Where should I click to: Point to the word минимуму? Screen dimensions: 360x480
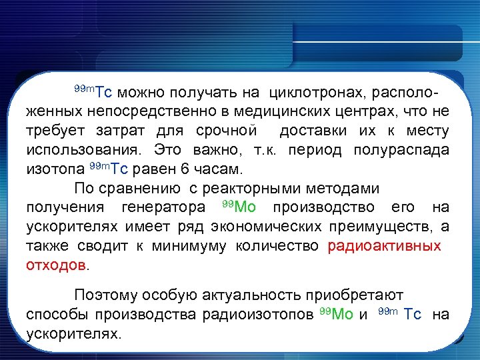[189, 245]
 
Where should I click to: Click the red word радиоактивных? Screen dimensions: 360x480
[384, 245]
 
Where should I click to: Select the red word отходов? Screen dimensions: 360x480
[56, 265]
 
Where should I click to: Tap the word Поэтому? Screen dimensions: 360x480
[107, 294]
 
